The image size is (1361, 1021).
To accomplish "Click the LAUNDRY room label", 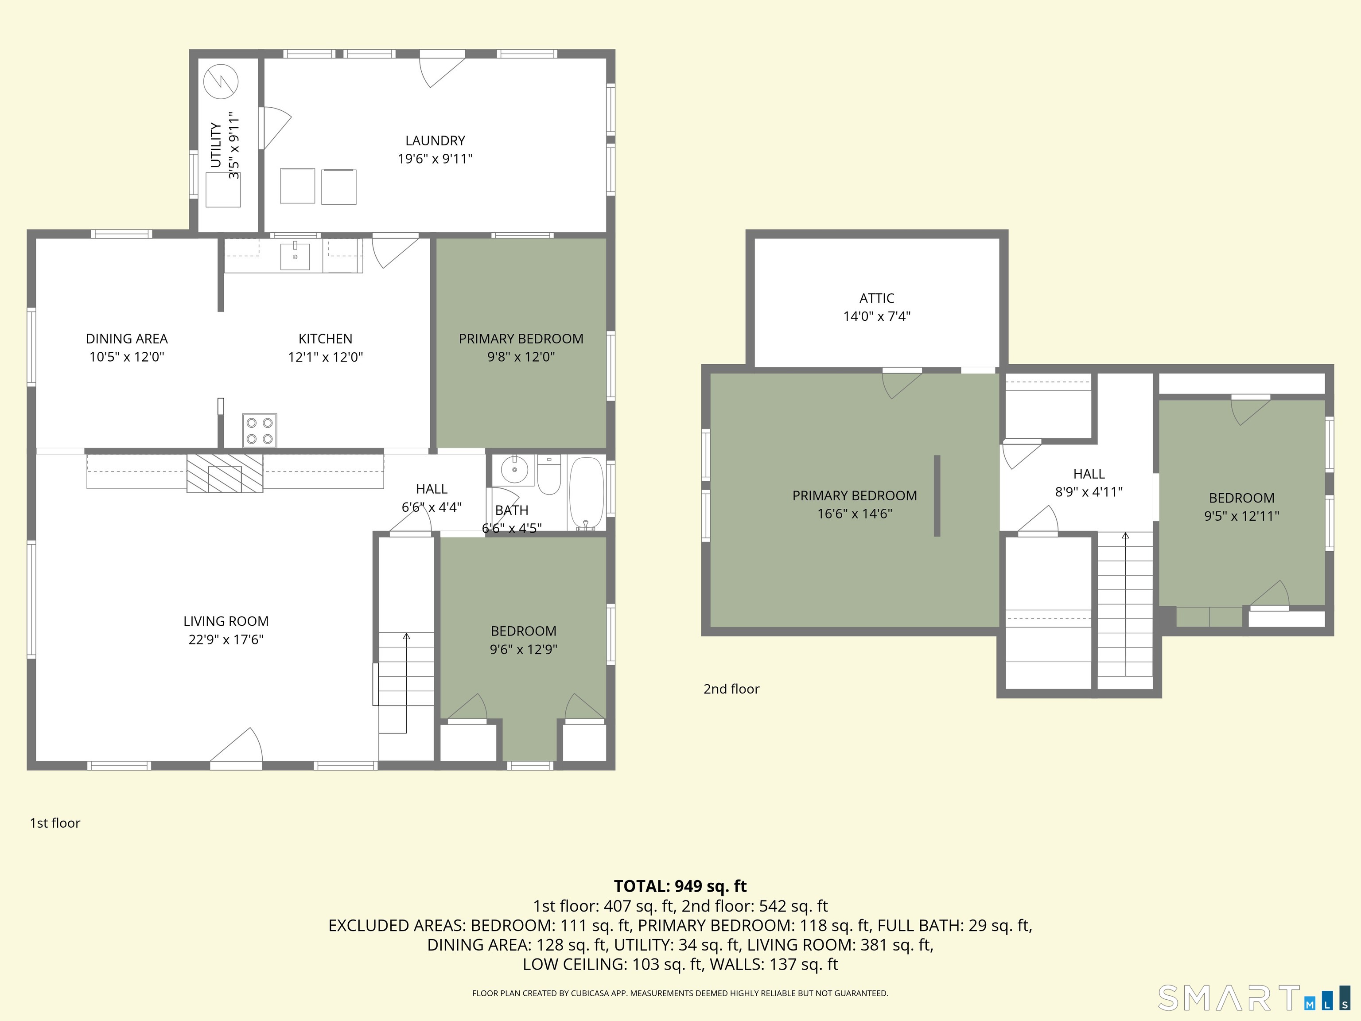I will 435,141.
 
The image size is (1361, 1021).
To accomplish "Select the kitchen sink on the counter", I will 295,256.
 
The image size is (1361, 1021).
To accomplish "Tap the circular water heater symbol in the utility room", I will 221,81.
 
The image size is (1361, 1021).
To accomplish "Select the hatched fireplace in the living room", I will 225,473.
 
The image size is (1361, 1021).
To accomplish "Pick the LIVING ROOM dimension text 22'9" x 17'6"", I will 226,639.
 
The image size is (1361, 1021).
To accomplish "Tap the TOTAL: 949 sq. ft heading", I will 680,886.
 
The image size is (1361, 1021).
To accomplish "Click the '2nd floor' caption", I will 731,689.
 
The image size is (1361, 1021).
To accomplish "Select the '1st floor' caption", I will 55,823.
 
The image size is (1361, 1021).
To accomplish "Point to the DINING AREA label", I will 127,339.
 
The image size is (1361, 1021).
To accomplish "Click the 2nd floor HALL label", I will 1089,474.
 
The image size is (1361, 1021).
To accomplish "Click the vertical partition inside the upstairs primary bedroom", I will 937,495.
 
